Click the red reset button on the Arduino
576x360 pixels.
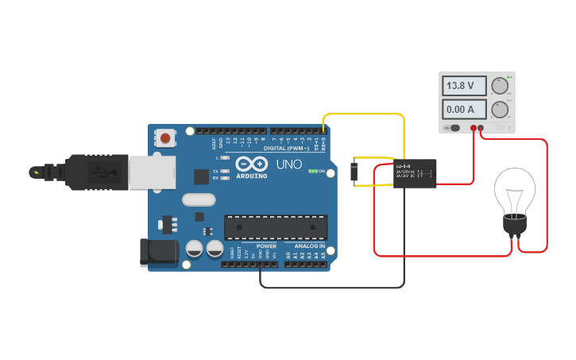(164, 138)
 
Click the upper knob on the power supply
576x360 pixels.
(500, 86)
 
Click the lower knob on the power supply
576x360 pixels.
(500, 109)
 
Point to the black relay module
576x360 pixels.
(415, 173)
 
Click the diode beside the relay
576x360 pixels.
(354, 172)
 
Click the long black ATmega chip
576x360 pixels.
(275, 227)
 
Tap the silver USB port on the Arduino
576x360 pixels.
(151, 172)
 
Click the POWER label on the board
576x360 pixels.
(266, 246)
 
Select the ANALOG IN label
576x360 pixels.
(308, 246)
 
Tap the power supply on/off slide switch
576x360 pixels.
(454, 127)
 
